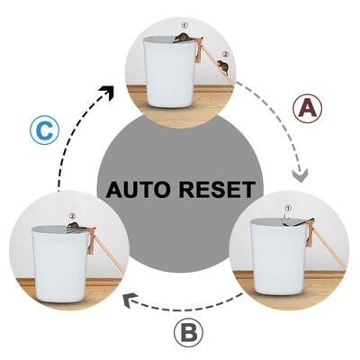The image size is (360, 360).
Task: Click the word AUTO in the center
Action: [x=143, y=191]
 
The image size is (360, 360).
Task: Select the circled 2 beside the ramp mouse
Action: [x=225, y=54]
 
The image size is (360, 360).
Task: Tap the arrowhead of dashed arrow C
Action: [x=111, y=91]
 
